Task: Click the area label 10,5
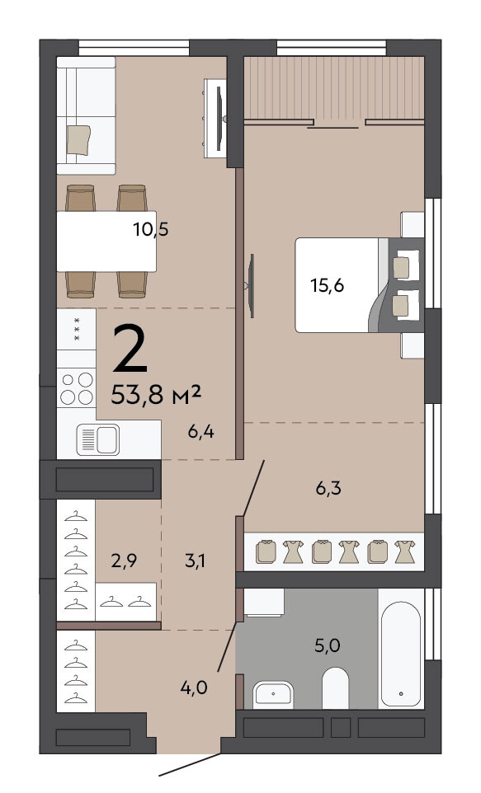pos(151,230)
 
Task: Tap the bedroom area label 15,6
pos(327,286)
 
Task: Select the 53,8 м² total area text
pos(156,395)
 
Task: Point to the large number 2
pos(130,348)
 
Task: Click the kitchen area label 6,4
pos(200,433)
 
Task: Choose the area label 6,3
pos(328,488)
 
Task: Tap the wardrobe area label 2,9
pos(124,561)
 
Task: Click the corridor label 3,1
pos(195,561)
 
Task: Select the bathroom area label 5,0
pos(327,645)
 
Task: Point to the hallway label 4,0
pos(194,687)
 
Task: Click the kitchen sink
pos(98,439)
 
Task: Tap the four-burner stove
pos(77,388)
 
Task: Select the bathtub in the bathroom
pos(401,654)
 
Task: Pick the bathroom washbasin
pos(273,694)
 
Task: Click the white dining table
pos(106,242)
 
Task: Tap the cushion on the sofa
pos(78,139)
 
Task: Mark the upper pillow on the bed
pos(402,268)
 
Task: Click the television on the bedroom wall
pos(251,286)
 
